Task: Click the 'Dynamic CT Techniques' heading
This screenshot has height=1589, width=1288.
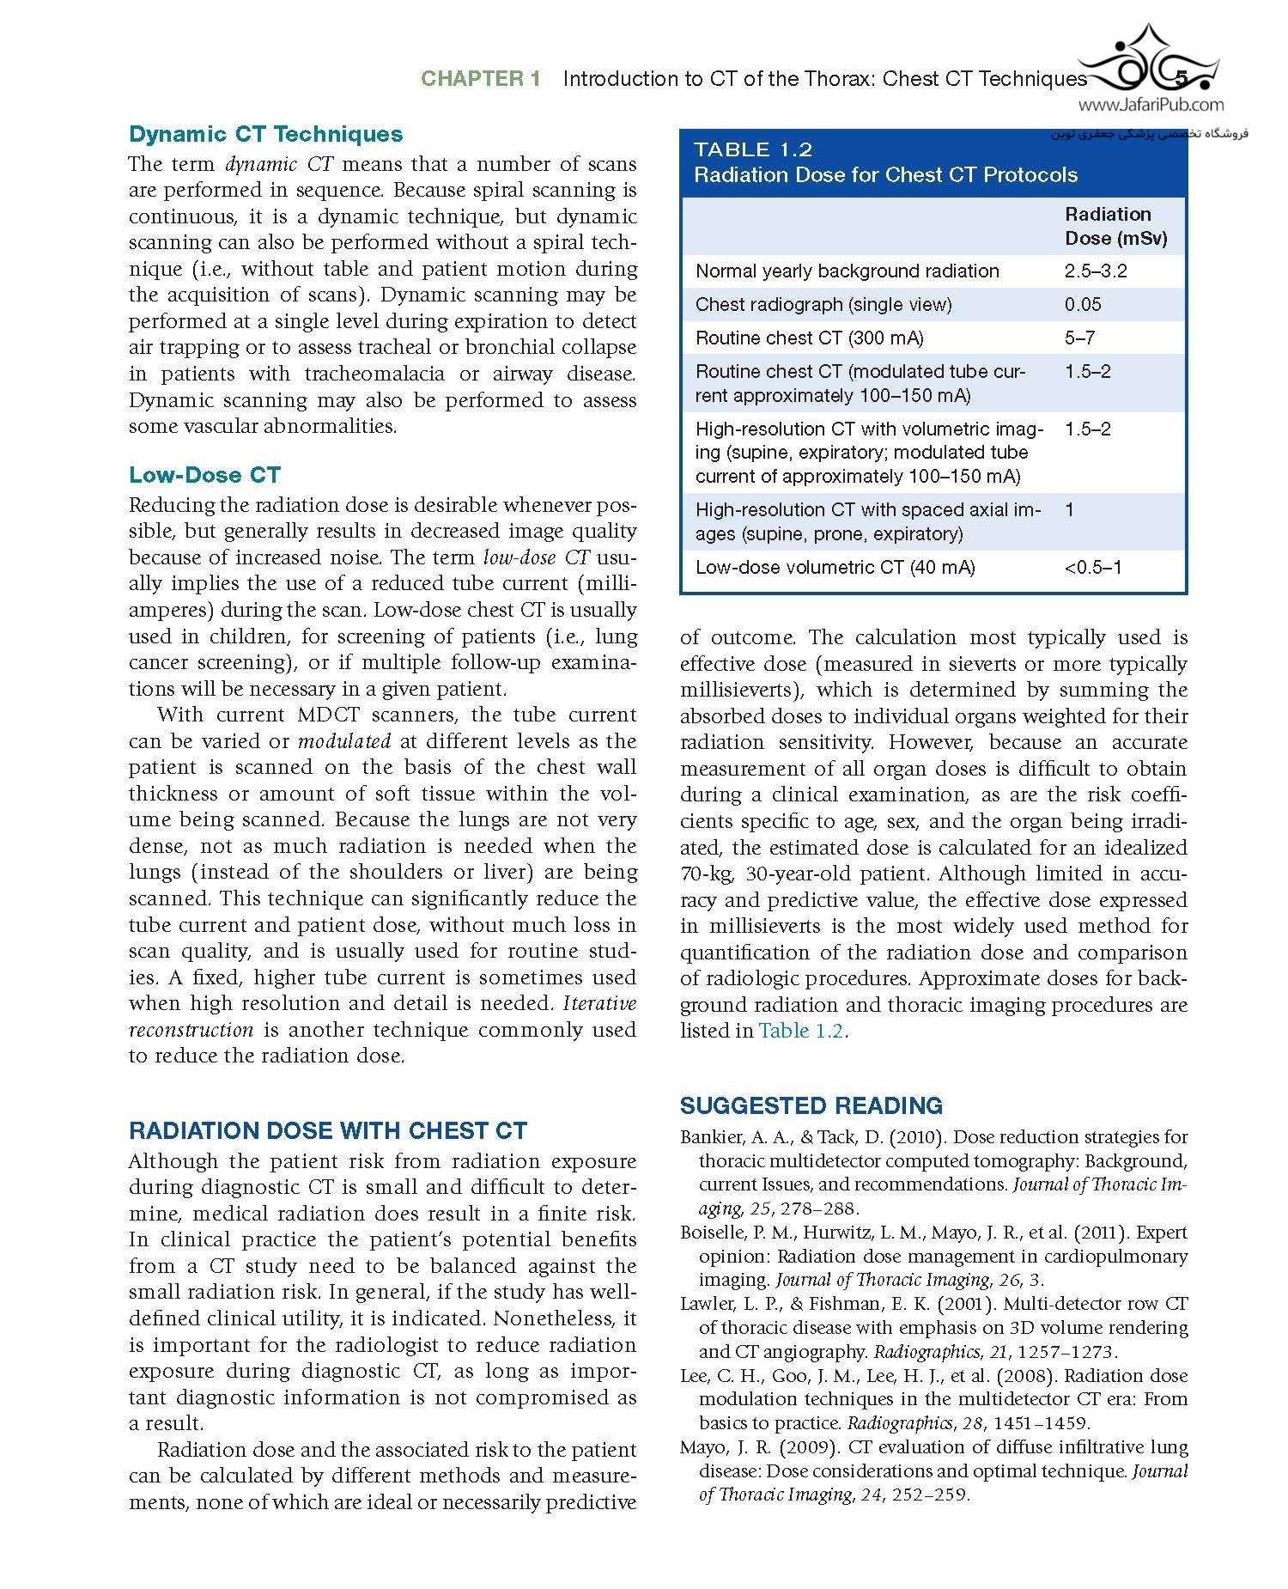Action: coord(265,134)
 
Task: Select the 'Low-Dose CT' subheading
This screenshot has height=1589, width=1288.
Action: coord(204,475)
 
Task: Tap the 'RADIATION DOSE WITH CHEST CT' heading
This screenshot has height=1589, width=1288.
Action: coord(327,1130)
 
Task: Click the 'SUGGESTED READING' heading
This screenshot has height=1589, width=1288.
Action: coord(811,1105)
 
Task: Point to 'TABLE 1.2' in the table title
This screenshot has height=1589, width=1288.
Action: coord(753,149)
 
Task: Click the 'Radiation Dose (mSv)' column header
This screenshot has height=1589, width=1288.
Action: coord(1115,226)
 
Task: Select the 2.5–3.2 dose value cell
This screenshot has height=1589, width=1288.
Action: coord(1096,271)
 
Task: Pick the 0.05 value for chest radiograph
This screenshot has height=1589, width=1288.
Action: coord(1083,304)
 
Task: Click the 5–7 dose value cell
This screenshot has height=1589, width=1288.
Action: coord(1079,338)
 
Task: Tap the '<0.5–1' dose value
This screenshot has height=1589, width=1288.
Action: coord(1092,567)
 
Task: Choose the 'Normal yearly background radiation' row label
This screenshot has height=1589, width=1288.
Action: coord(847,271)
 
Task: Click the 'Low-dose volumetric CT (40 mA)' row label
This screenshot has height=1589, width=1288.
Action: coord(835,567)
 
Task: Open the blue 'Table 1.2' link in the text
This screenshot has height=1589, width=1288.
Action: coord(800,1031)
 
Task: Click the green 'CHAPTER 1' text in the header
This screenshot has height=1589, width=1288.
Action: coord(480,79)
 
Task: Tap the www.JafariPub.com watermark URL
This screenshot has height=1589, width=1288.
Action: coord(1151,106)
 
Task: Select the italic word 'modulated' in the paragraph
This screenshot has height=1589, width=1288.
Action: coord(343,741)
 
